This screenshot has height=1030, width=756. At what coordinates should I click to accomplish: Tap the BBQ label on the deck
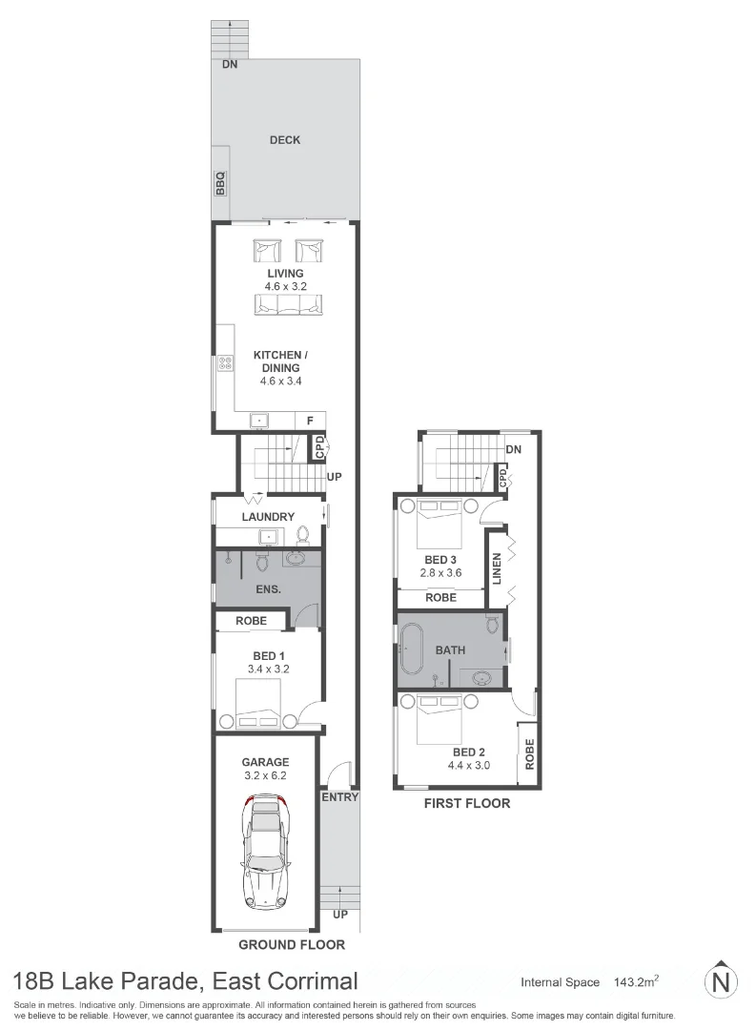(220, 181)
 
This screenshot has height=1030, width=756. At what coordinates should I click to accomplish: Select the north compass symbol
(722, 981)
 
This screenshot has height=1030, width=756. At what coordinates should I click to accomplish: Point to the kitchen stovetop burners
(226, 362)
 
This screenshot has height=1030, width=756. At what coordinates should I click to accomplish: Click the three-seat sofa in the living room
(289, 304)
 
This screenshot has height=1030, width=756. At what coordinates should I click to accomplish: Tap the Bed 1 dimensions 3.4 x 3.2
(268, 669)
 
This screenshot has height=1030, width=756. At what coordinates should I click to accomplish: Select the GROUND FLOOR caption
(290, 945)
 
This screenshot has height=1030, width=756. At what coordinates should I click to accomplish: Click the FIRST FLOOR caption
(467, 803)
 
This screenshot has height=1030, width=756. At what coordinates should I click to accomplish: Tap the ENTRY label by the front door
(340, 796)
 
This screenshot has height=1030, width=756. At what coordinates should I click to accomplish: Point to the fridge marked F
(310, 421)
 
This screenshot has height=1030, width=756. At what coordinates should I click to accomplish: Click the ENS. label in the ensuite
(268, 589)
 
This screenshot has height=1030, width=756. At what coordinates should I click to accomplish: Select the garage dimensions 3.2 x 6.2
(264, 775)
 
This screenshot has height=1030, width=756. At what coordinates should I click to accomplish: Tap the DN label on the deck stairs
(230, 65)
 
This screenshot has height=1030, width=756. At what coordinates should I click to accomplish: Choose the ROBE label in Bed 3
(439, 598)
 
